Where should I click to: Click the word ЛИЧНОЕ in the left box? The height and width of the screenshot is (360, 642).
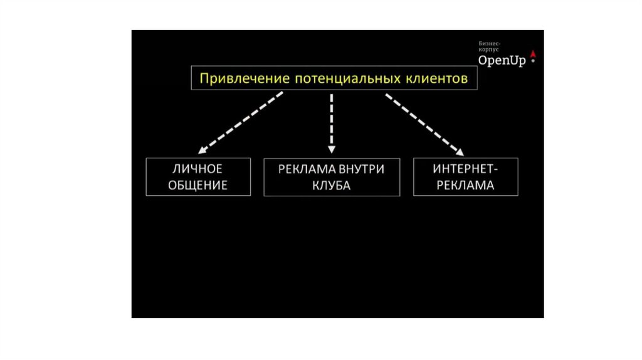(x=198, y=169)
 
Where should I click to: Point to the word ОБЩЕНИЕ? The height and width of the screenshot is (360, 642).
(x=198, y=186)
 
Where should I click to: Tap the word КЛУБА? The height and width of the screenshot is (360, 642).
(x=332, y=186)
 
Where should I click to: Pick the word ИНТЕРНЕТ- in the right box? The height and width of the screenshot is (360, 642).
(x=466, y=169)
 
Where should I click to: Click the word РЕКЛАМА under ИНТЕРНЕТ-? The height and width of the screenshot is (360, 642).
(x=466, y=186)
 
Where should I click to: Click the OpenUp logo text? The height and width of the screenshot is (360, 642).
(x=502, y=60)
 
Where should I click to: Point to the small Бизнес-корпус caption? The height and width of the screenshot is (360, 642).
(x=489, y=46)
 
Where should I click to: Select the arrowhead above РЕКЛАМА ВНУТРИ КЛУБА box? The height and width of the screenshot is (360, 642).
(x=332, y=149)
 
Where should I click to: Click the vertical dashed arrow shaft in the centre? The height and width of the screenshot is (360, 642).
(x=332, y=119)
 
